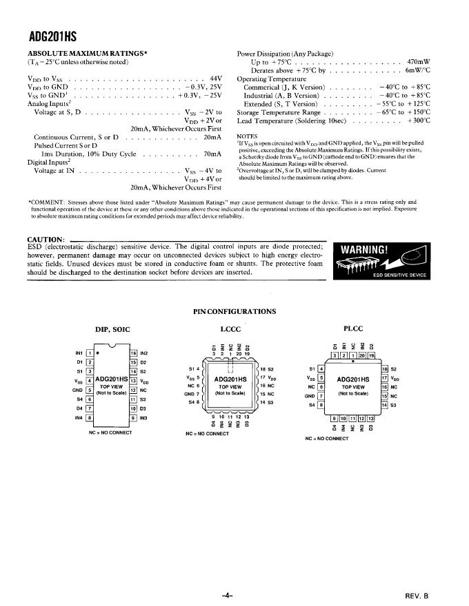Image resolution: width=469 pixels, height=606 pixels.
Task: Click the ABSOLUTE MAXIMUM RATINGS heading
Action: pyautogui.click(x=88, y=53)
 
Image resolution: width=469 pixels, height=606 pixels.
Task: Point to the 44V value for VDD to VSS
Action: pyautogui.click(x=216, y=79)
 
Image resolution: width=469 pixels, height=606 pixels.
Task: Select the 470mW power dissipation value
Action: pyautogui.click(x=419, y=61)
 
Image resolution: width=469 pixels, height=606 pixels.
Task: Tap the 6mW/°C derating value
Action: pyautogui.click(x=418, y=70)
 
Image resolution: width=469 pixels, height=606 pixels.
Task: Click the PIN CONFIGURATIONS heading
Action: pyautogui.click(x=234, y=311)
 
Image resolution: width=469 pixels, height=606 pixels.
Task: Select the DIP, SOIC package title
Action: pyautogui.click(x=112, y=328)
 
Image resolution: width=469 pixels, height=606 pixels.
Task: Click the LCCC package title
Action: pyautogui.click(x=231, y=328)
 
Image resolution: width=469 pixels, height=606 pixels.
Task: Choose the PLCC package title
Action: pyautogui.click(x=352, y=328)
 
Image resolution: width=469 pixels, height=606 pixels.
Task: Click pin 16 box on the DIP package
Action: pyautogui.click(x=133, y=353)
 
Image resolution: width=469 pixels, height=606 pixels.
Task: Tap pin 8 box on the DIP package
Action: pyautogui.click(x=89, y=417)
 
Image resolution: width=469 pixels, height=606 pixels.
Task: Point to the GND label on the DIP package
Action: pyautogui.click(x=77, y=390)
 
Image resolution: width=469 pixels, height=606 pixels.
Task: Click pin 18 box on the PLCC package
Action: pyautogui.click(x=385, y=369)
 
